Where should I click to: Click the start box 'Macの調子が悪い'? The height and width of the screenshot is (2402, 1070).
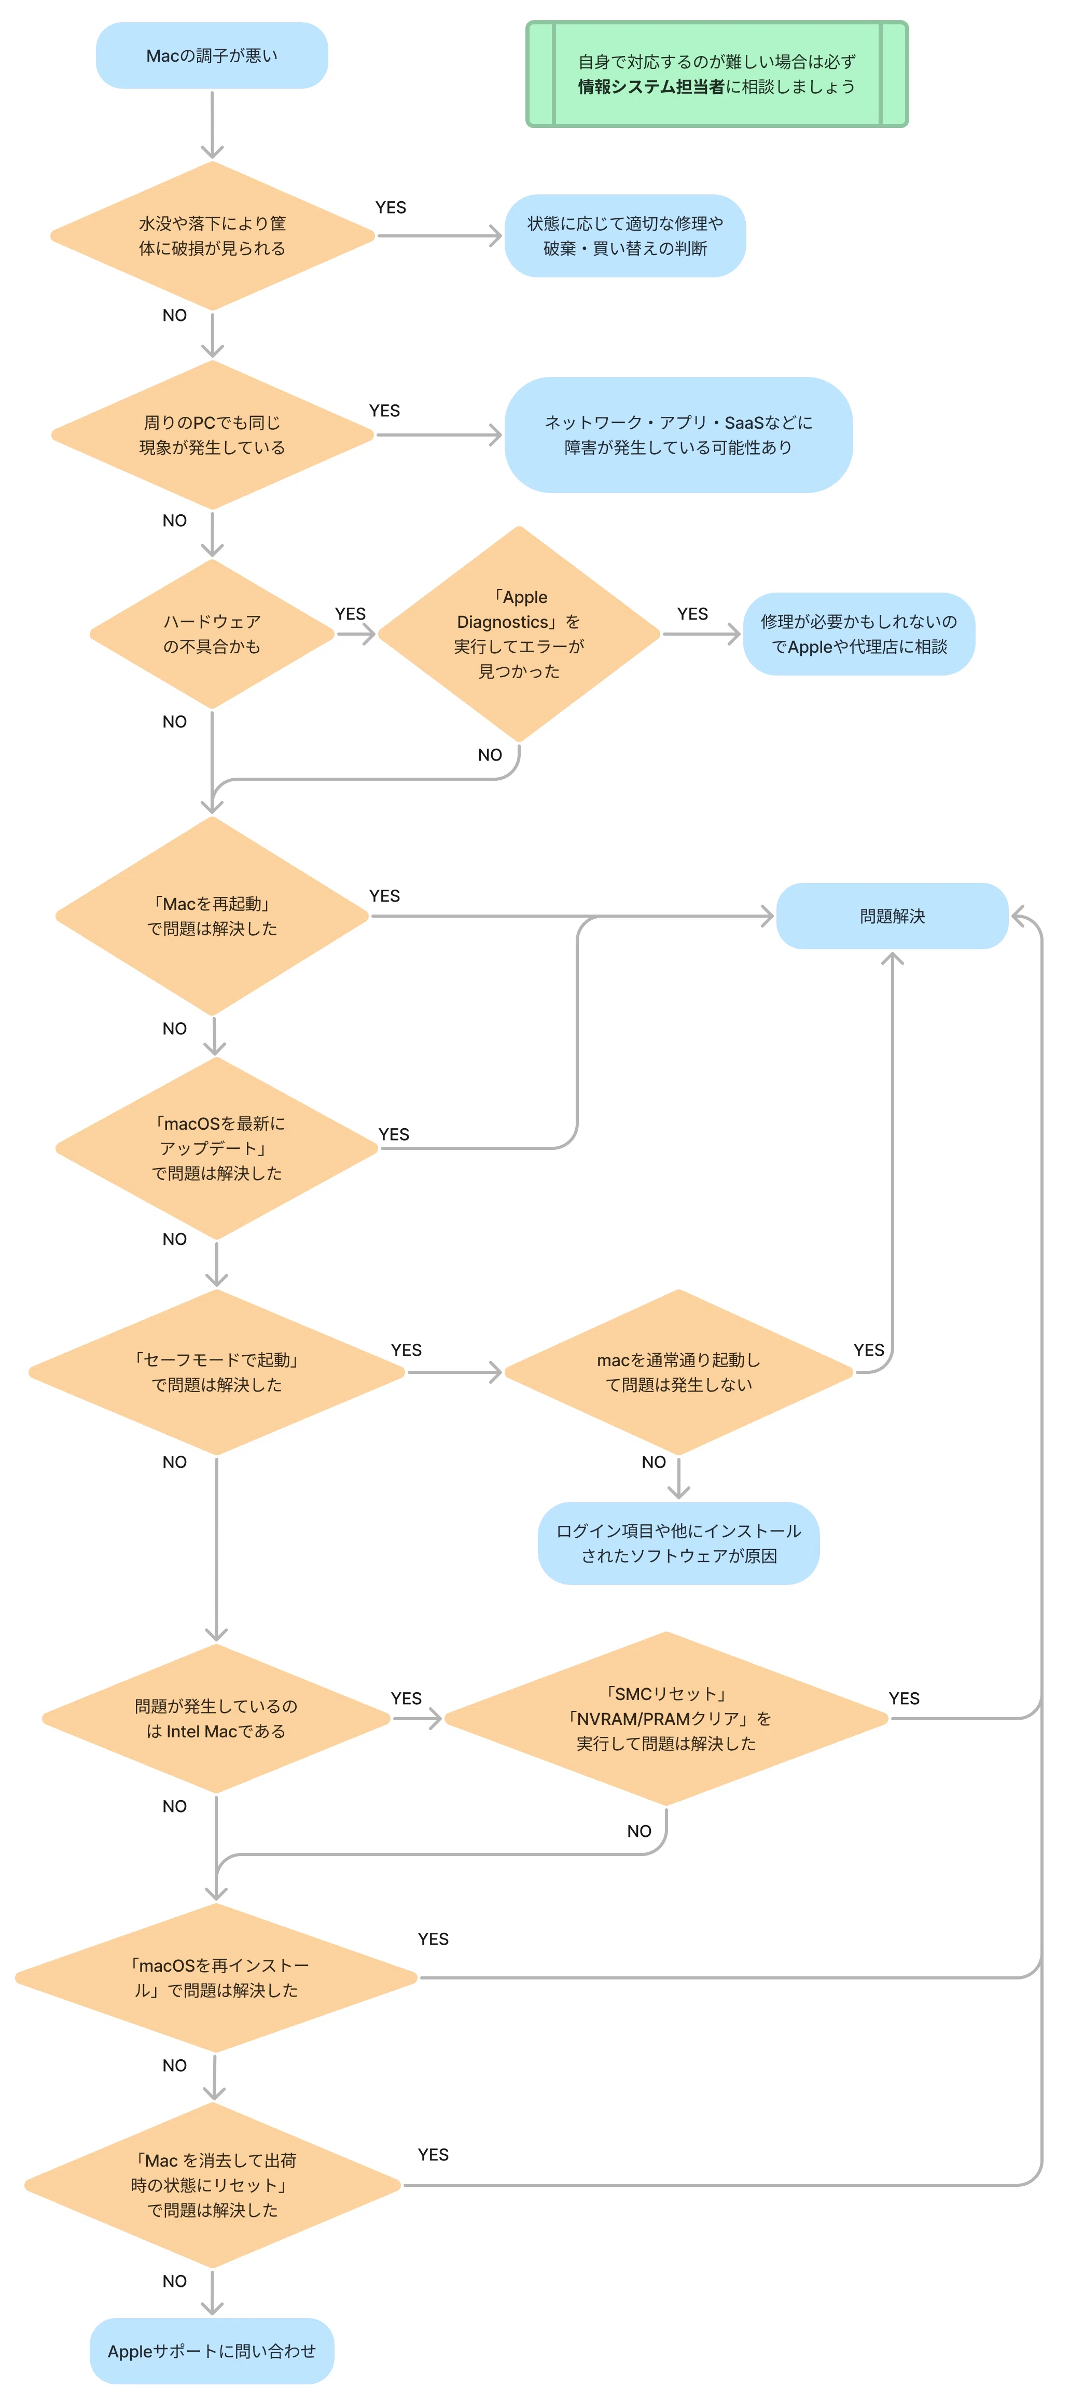coord(212,56)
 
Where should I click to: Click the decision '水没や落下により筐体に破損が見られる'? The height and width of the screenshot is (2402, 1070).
coord(213,236)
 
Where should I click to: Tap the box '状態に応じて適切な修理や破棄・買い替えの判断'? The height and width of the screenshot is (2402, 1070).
coord(625,236)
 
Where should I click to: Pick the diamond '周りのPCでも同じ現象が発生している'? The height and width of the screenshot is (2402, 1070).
coord(213,434)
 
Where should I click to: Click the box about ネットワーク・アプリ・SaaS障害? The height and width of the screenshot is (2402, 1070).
coord(678,434)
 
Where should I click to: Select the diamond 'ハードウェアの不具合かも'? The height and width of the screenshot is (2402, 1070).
coord(212,634)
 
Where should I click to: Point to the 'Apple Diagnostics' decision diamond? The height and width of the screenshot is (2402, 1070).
coord(519,634)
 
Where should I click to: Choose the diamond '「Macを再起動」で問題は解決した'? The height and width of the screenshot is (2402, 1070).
coord(213,916)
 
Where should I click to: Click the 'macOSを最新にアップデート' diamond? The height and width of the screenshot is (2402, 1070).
coord(216,1148)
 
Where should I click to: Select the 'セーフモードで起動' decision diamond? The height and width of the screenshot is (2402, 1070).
coord(216,1372)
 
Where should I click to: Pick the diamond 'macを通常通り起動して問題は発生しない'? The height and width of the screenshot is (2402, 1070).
coord(678,1372)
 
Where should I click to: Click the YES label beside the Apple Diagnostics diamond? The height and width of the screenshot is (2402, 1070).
coord(692,613)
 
